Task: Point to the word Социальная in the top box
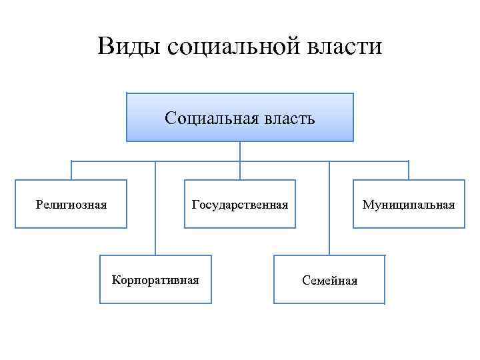click(x=208, y=119)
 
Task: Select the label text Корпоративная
click(x=155, y=279)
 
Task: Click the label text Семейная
click(x=329, y=281)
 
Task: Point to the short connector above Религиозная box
click(x=71, y=171)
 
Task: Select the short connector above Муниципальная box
click(x=409, y=171)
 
